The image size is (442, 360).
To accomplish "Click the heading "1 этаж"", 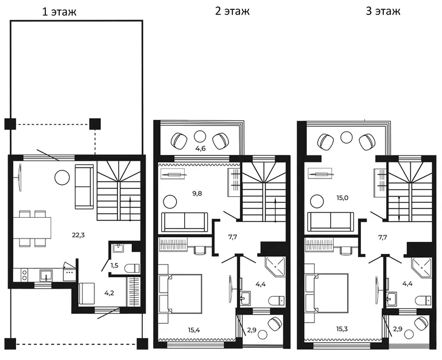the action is point(59,12).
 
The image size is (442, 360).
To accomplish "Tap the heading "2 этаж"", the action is point(232,11).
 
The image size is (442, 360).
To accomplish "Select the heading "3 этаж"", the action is point(383,11).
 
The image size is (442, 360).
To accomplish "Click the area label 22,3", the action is point(78,235).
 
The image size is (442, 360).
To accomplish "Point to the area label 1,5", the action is point(114,266).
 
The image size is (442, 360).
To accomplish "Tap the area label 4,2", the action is point(109,293).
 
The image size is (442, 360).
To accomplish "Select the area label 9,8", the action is point(197,194).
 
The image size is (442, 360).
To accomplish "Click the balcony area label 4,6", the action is point(200,149).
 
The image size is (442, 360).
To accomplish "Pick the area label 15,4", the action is point(194,329).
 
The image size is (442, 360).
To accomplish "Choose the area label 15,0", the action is point(342,198).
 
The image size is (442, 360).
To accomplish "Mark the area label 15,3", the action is point(341,329).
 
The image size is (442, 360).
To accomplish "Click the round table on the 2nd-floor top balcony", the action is point(200,137).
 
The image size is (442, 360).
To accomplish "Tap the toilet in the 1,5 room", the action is point(132,268).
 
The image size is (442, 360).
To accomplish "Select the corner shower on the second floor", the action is point(276,267).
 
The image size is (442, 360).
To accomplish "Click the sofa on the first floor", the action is point(84,187).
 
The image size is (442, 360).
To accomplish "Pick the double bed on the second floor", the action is point(181,293).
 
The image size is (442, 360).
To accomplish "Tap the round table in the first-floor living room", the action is point(62,177).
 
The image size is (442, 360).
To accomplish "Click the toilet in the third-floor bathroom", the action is point(424,301).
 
